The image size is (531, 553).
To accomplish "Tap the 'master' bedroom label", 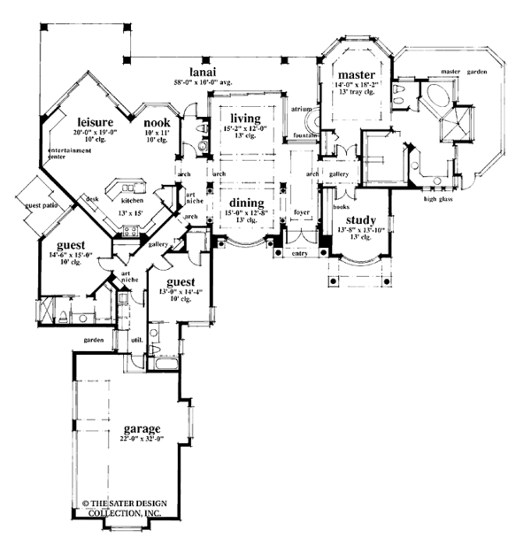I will (351, 74).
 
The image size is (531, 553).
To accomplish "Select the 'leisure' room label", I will (92, 123).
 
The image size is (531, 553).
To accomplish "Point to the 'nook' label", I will (157, 123).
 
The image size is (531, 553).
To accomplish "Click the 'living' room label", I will (243, 117).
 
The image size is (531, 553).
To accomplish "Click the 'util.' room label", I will (136, 339).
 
